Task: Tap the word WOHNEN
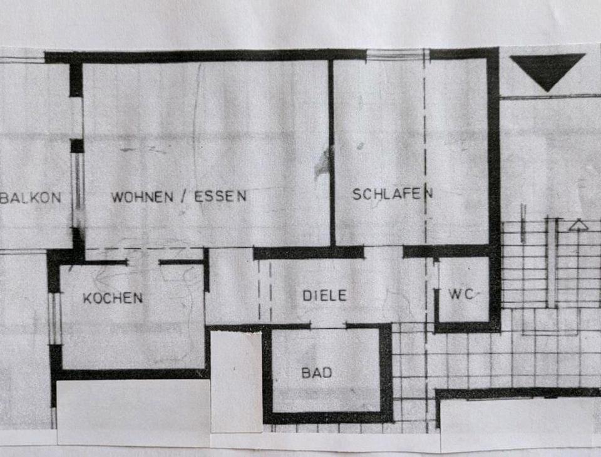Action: pos(141,197)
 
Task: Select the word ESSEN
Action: pos(220,196)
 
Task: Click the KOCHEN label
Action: pos(113,298)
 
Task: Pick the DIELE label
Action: pos(324,295)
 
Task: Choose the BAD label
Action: pos(317,373)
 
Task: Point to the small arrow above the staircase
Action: pos(578,225)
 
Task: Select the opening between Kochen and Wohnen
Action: pos(143,262)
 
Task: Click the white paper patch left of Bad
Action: pos(235,382)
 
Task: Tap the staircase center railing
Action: pos(551,263)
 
